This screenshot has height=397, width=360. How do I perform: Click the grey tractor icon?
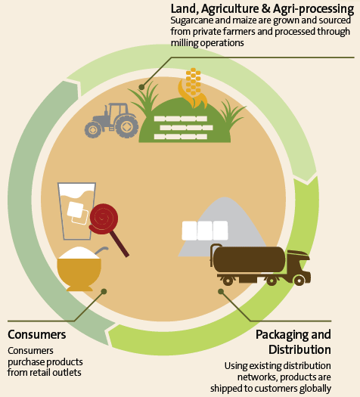(111, 120)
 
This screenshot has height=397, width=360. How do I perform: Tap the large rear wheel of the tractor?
(126, 126)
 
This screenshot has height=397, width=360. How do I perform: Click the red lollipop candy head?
(104, 219)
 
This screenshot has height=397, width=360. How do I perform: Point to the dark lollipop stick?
(119, 243)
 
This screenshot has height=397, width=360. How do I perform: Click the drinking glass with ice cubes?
(76, 211)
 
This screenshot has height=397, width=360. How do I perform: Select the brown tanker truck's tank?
(249, 259)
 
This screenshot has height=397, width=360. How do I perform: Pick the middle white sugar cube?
(205, 231)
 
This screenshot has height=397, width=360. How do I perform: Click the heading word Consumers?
(37, 334)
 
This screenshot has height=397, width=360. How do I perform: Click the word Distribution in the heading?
(299, 349)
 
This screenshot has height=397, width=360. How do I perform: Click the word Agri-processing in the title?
(313, 9)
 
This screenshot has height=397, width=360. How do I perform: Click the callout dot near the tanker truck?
(221, 291)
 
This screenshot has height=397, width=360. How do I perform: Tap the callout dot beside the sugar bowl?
(104, 291)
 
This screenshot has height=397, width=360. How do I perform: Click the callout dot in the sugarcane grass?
(141, 87)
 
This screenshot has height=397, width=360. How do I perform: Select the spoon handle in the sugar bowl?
(101, 250)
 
